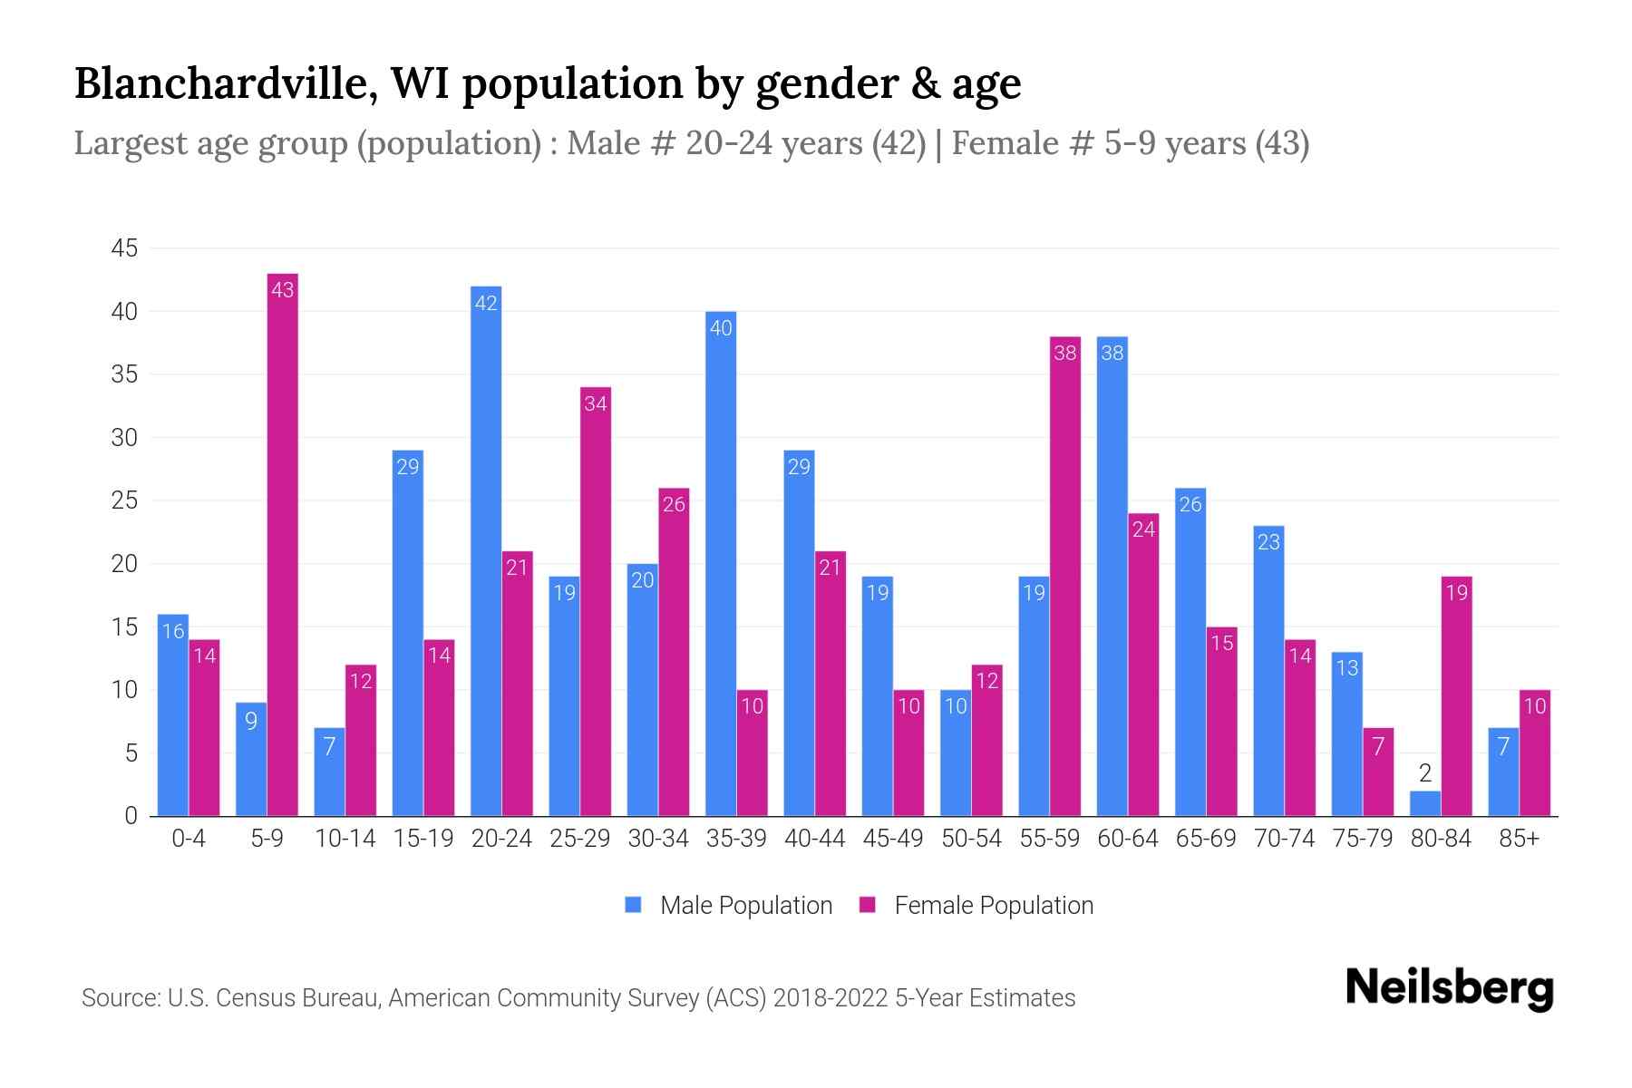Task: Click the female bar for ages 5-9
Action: click(x=283, y=544)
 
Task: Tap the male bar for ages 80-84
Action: click(x=1425, y=804)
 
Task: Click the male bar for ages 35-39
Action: click(x=721, y=562)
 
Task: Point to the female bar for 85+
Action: click(x=1534, y=753)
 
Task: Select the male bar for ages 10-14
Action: click(x=330, y=772)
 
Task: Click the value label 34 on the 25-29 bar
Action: click(x=596, y=403)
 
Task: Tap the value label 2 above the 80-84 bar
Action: click(x=1425, y=773)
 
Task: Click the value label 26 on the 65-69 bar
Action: click(x=1190, y=504)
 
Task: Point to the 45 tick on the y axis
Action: click(x=124, y=248)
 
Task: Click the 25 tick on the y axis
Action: click(x=124, y=500)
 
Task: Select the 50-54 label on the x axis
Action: click(x=971, y=839)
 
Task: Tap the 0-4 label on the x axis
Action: click(x=189, y=839)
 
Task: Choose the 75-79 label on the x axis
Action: click(x=1362, y=839)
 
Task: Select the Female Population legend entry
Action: click(x=976, y=906)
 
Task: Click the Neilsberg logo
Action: click(x=1449, y=988)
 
